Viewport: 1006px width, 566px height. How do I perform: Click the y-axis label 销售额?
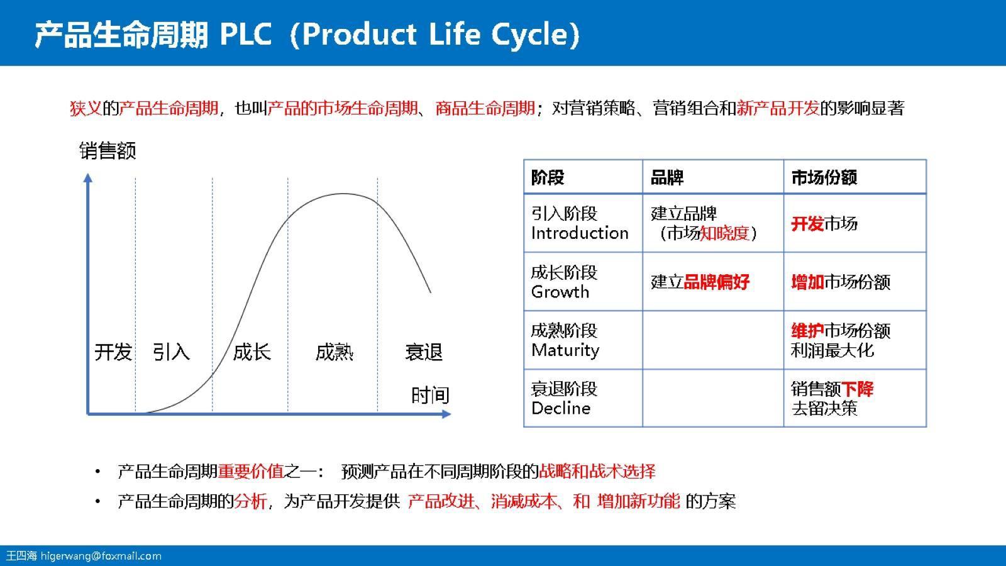click(108, 151)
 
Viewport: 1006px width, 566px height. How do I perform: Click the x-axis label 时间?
click(430, 395)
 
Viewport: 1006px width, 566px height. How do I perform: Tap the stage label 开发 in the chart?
click(113, 352)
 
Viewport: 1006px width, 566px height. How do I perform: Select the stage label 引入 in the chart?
click(171, 352)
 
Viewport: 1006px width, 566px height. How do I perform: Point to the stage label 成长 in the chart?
click(251, 352)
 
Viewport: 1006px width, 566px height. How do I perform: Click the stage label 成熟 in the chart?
click(334, 352)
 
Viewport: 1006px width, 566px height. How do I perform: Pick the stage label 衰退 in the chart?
click(424, 352)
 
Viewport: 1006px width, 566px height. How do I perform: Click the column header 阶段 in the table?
click(548, 177)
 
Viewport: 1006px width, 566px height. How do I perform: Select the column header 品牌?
click(667, 177)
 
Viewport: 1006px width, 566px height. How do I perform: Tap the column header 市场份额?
click(824, 177)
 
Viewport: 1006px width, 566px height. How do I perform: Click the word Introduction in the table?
click(579, 233)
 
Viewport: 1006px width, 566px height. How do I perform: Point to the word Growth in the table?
click(560, 292)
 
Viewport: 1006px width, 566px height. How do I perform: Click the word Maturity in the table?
click(565, 350)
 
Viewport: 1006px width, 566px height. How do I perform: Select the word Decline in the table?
click(560, 408)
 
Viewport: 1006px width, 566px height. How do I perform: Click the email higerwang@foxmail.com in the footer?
click(101, 556)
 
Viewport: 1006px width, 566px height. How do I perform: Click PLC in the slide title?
click(245, 34)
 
